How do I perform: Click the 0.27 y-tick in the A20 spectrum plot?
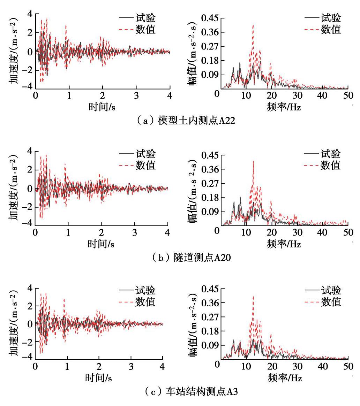(x=210, y=184)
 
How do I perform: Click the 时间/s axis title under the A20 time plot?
(x=101, y=244)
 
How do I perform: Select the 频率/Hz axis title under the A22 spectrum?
(x=284, y=107)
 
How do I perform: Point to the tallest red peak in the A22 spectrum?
(x=253, y=25)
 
